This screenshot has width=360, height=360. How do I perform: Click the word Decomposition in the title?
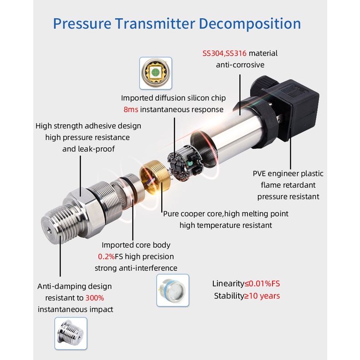(250, 24)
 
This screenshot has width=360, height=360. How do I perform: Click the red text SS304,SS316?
(224, 53)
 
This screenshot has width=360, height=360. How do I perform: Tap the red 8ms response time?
(131, 109)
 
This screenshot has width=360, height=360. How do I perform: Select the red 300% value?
(95, 298)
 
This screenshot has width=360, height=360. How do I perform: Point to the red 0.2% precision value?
(106, 257)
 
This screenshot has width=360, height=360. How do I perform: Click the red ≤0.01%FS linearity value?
(262, 283)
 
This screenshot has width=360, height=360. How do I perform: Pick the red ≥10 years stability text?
(262, 296)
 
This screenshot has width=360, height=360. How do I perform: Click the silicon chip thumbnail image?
(156, 73)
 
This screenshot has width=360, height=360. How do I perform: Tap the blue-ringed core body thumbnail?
(173, 290)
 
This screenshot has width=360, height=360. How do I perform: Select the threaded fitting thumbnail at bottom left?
(71, 334)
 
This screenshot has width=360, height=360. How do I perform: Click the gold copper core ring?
(155, 176)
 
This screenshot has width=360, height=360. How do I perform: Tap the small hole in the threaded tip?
(49, 230)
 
